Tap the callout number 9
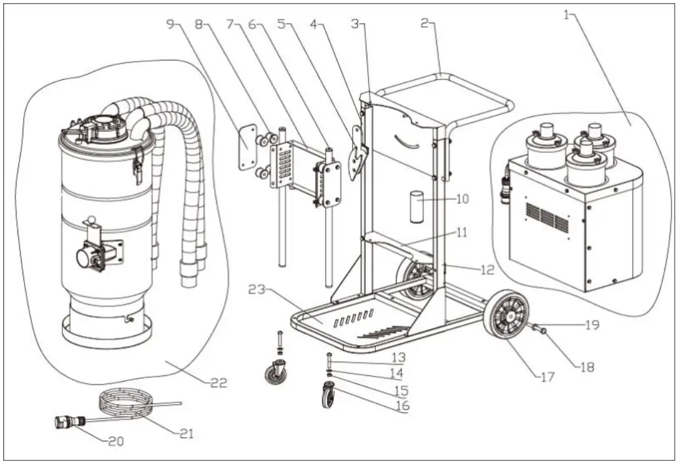tap(169, 24)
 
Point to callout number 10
tap(462, 200)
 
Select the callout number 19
tap(591, 325)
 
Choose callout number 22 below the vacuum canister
tap(218, 382)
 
